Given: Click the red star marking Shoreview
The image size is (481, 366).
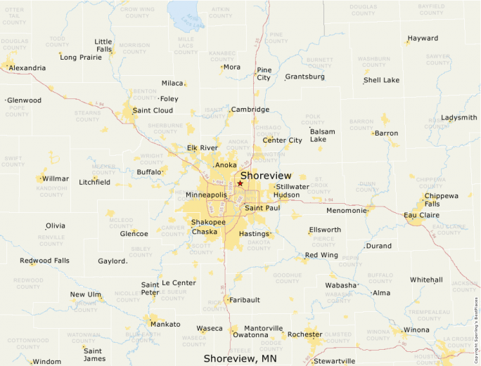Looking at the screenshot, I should coord(240,183).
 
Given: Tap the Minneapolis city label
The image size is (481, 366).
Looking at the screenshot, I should coord(206,195).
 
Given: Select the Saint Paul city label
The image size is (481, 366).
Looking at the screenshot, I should coord(262,208).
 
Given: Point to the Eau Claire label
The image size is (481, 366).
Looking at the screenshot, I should coord(421,214).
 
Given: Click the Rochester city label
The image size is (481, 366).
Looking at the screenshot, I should coord(304,334).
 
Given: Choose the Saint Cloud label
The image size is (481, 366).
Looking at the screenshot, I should coord(153,110).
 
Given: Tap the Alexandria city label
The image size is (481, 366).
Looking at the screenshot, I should coord(27,68).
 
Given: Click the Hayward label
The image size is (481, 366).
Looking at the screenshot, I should coord(423,39).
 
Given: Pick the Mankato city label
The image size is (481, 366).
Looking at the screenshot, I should coord(165,325).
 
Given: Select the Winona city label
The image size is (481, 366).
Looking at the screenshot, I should coord(416,329).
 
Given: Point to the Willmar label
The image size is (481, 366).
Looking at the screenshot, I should coord(56,179).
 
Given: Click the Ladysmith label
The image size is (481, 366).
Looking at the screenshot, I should coord(458,118).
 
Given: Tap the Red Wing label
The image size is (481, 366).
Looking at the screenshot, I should coord(321,255).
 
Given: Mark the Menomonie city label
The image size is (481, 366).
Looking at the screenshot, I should coord(347,210).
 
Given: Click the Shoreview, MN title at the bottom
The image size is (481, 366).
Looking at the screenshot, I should coord(240,358).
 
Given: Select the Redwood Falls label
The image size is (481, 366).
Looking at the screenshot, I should coord(44,261).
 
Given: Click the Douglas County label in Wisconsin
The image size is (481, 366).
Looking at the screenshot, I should coord(363,10).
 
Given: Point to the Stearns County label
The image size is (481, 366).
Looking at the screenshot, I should coord(88,116).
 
